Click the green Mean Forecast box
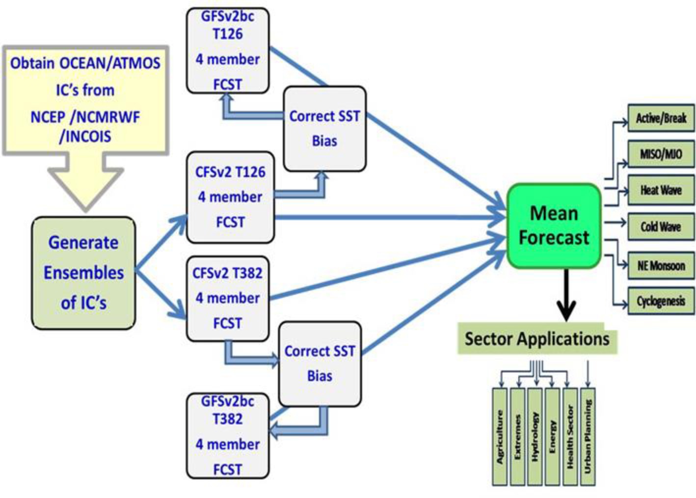(x=554, y=226)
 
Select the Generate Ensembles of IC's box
(x=83, y=273)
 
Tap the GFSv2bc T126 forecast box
(x=228, y=51)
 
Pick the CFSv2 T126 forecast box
(x=230, y=197)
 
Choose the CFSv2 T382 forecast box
(x=228, y=299)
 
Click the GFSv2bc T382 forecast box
(x=228, y=436)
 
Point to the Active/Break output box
(x=661, y=118)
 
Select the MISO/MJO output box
(x=661, y=154)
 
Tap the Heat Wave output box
(x=661, y=190)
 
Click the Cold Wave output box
(x=661, y=226)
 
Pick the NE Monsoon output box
(x=661, y=266)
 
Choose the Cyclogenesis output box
(x=661, y=301)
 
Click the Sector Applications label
(x=537, y=338)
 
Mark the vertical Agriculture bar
(x=500, y=437)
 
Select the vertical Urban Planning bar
(x=588, y=437)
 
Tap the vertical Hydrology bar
(x=535, y=437)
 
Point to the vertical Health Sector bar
(x=570, y=437)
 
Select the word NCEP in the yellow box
(x=48, y=117)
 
